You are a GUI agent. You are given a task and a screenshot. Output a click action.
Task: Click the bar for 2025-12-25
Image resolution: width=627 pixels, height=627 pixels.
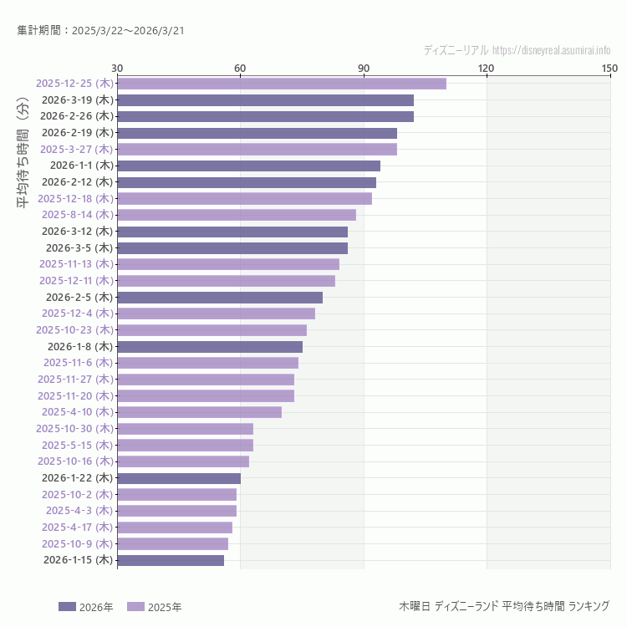(281, 84)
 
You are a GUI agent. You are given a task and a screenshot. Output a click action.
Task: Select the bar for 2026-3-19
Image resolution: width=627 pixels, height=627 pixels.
(265, 100)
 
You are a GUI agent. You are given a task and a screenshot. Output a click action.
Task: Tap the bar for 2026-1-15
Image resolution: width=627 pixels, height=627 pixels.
(171, 560)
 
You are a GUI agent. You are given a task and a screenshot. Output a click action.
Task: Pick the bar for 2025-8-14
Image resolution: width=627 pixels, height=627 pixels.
(237, 215)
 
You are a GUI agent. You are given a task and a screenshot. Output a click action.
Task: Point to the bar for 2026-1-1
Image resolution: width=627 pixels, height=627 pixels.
(248, 166)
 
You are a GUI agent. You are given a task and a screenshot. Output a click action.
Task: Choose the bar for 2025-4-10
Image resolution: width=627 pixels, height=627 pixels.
(199, 412)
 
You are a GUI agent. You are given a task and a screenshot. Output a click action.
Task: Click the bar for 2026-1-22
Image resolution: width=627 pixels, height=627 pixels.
(179, 478)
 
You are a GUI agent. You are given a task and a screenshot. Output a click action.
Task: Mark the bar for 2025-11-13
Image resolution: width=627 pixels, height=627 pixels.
(228, 264)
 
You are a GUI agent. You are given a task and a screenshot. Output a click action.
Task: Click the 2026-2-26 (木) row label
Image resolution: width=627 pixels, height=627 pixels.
(76, 116)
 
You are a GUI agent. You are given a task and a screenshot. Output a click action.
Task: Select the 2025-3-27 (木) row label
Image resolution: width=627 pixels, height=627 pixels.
(76, 149)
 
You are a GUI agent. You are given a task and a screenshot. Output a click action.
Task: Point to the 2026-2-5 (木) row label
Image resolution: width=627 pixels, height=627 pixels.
(79, 297)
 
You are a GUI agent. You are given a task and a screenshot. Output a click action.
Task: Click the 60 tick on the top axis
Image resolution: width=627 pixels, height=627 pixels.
(240, 68)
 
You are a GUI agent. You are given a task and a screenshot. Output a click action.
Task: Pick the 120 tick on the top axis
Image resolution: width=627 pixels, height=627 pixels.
(486, 68)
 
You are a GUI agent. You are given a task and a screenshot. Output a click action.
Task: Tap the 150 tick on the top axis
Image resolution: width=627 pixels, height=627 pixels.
(609, 68)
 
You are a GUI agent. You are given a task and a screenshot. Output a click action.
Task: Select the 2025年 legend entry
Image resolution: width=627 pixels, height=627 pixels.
(154, 607)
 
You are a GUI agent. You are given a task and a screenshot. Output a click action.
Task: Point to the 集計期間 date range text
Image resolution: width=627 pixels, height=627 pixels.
(100, 31)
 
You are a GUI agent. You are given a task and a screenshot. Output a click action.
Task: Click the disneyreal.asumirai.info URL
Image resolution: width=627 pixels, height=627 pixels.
(552, 50)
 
